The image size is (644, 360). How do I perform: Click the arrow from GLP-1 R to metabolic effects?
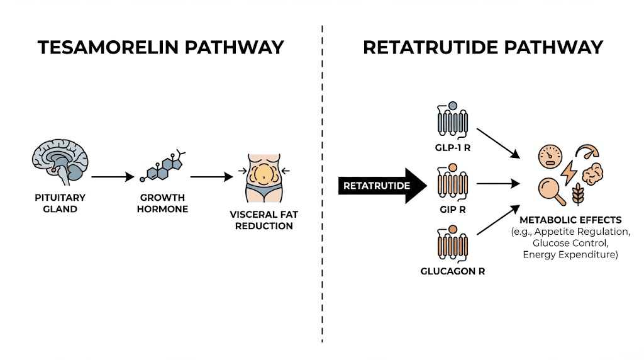pyautogui.click(x=498, y=143)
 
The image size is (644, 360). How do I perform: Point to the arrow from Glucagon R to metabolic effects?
pyautogui.click(x=498, y=221)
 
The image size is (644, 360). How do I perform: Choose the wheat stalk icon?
pyautogui.click(x=576, y=194)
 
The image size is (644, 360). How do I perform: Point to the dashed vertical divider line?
pyautogui.click(x=322, y=189)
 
